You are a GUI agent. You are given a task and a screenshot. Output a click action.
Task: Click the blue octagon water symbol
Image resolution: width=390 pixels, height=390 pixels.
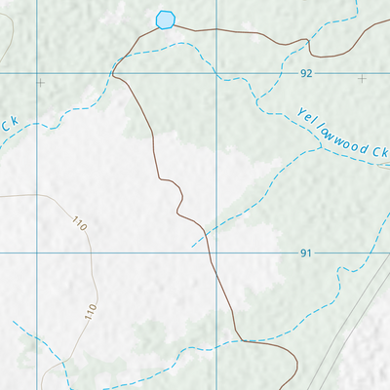pos(166,19)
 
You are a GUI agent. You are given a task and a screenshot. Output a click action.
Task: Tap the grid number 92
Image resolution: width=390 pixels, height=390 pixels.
pos(306,74)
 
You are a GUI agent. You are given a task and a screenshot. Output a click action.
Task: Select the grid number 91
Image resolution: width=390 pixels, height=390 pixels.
pos(306,253)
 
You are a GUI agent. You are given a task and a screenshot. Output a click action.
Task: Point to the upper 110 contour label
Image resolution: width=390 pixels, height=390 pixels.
pos(79,224)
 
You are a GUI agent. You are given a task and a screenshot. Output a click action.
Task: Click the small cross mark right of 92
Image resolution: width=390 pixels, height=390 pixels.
pos(362,78)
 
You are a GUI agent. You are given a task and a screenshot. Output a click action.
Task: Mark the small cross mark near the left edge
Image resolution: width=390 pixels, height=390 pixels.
pos(40,83)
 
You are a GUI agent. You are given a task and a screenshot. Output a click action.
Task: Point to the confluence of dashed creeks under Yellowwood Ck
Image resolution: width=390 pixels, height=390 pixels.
pos(321,147)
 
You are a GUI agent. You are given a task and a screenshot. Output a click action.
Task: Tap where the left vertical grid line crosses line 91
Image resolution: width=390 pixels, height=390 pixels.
pos(38,252)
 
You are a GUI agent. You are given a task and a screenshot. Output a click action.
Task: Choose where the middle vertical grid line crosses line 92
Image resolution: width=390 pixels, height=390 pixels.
pos(215,74)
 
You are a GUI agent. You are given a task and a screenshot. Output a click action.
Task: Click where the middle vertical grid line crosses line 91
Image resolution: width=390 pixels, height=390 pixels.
pos(215,252)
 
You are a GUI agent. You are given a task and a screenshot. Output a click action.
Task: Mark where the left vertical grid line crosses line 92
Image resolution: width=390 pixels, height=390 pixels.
pos(38,74)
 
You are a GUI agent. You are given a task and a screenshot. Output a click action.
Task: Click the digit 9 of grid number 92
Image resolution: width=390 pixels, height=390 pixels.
pos(303,74)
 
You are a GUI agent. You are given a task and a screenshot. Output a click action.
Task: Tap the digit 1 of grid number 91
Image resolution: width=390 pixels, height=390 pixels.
pos(309,253)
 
